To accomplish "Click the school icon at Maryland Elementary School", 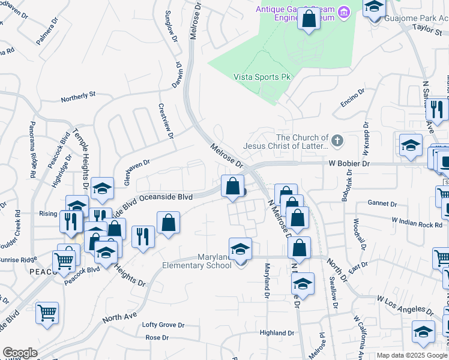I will [x=240, y=249].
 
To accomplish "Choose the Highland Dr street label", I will [x=277, y=332].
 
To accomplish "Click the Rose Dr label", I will [x=157, y=338].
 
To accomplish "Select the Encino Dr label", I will [x=353, y=97].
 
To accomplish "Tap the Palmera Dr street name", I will [x=47, y=31].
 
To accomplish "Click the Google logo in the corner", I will [x=20, y=353].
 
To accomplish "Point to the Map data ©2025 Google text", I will [x=412, y=355].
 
